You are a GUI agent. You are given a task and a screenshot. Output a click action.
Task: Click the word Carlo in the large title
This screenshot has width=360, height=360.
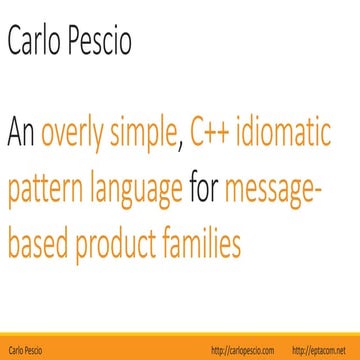(x=36, y=41)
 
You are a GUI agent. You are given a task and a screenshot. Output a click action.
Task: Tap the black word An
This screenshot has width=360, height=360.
(x=22, y=131)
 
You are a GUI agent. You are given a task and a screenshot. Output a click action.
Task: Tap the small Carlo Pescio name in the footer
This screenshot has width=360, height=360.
(x=27, y=350)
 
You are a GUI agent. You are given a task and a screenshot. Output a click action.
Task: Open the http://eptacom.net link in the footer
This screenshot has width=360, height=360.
(x=322, y=350)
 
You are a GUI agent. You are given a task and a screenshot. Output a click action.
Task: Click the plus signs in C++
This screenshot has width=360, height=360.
(x=222, y=131)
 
